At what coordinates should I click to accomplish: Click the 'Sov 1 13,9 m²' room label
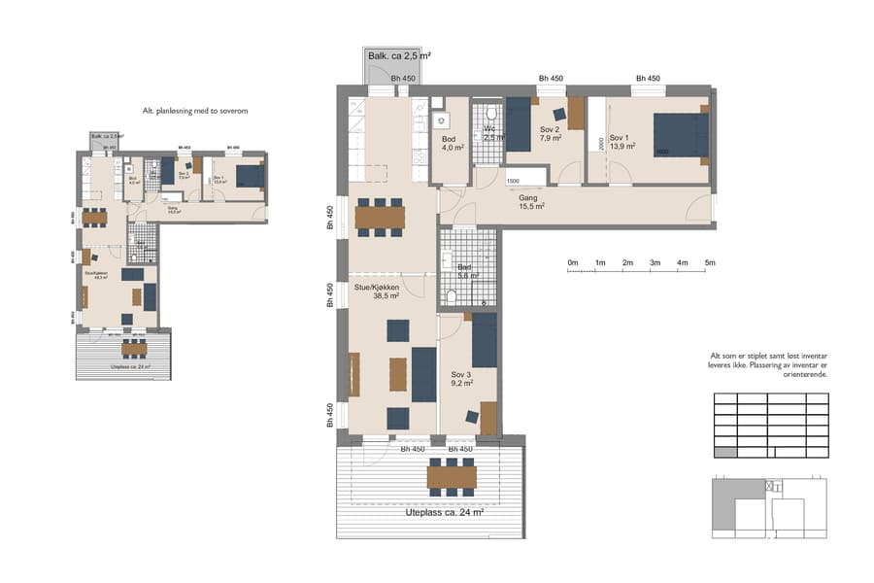coord(622,142)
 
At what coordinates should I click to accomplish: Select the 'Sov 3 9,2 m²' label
coord(461,378)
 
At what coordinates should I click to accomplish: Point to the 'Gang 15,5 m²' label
coord(531,200)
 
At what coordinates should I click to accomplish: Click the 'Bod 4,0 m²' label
coord(452,144)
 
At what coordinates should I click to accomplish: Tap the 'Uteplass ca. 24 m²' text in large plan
coord(444,511)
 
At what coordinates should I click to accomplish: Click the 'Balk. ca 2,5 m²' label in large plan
coord(399,56)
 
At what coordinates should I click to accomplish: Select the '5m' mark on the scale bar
coord(710,263)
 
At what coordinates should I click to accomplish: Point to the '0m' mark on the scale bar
coord(573,263)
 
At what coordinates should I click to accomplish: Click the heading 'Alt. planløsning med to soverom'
coord(195,112)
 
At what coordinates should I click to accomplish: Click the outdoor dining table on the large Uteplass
coord(452,477)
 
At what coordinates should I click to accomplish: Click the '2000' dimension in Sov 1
coord(602,144)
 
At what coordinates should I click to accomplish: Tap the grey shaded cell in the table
coord(724,452)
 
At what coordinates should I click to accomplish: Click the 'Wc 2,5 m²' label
coord(493,133)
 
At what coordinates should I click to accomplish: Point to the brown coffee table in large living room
coord(398,374)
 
